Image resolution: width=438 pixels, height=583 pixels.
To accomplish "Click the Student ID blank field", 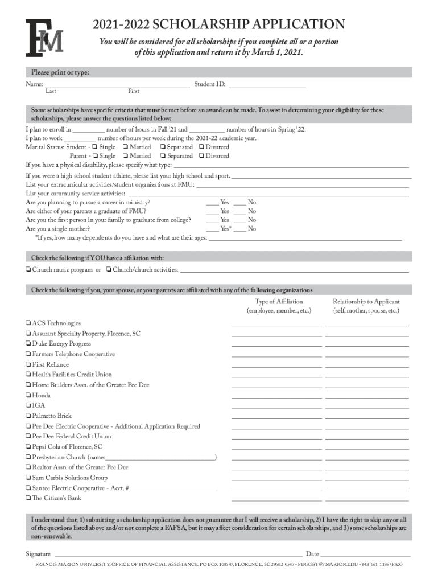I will (x=267, y=85).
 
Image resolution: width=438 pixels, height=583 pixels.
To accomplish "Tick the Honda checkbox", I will (x=28, y=395).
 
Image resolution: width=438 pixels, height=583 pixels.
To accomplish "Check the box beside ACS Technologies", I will (x=28, y=323).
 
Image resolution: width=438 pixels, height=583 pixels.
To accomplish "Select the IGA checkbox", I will (x=28, y=405).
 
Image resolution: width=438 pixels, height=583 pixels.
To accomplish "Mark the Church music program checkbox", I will (x=28, y=269).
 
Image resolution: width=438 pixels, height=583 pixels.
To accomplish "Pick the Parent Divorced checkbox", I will (x=201, y=155).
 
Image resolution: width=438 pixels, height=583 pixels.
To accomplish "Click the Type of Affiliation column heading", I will (x=279, y=302).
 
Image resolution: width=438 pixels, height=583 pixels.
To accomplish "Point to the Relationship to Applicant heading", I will (x=366, y=302).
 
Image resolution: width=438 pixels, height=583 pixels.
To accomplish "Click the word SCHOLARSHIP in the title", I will (x=200, y=24).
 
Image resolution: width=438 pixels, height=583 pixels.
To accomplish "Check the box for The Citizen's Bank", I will (x=28, y=498).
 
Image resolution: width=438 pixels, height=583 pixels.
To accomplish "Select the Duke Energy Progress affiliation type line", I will (x=277, y=345).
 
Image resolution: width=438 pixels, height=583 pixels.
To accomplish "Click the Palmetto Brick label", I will (x=52, y=416).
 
